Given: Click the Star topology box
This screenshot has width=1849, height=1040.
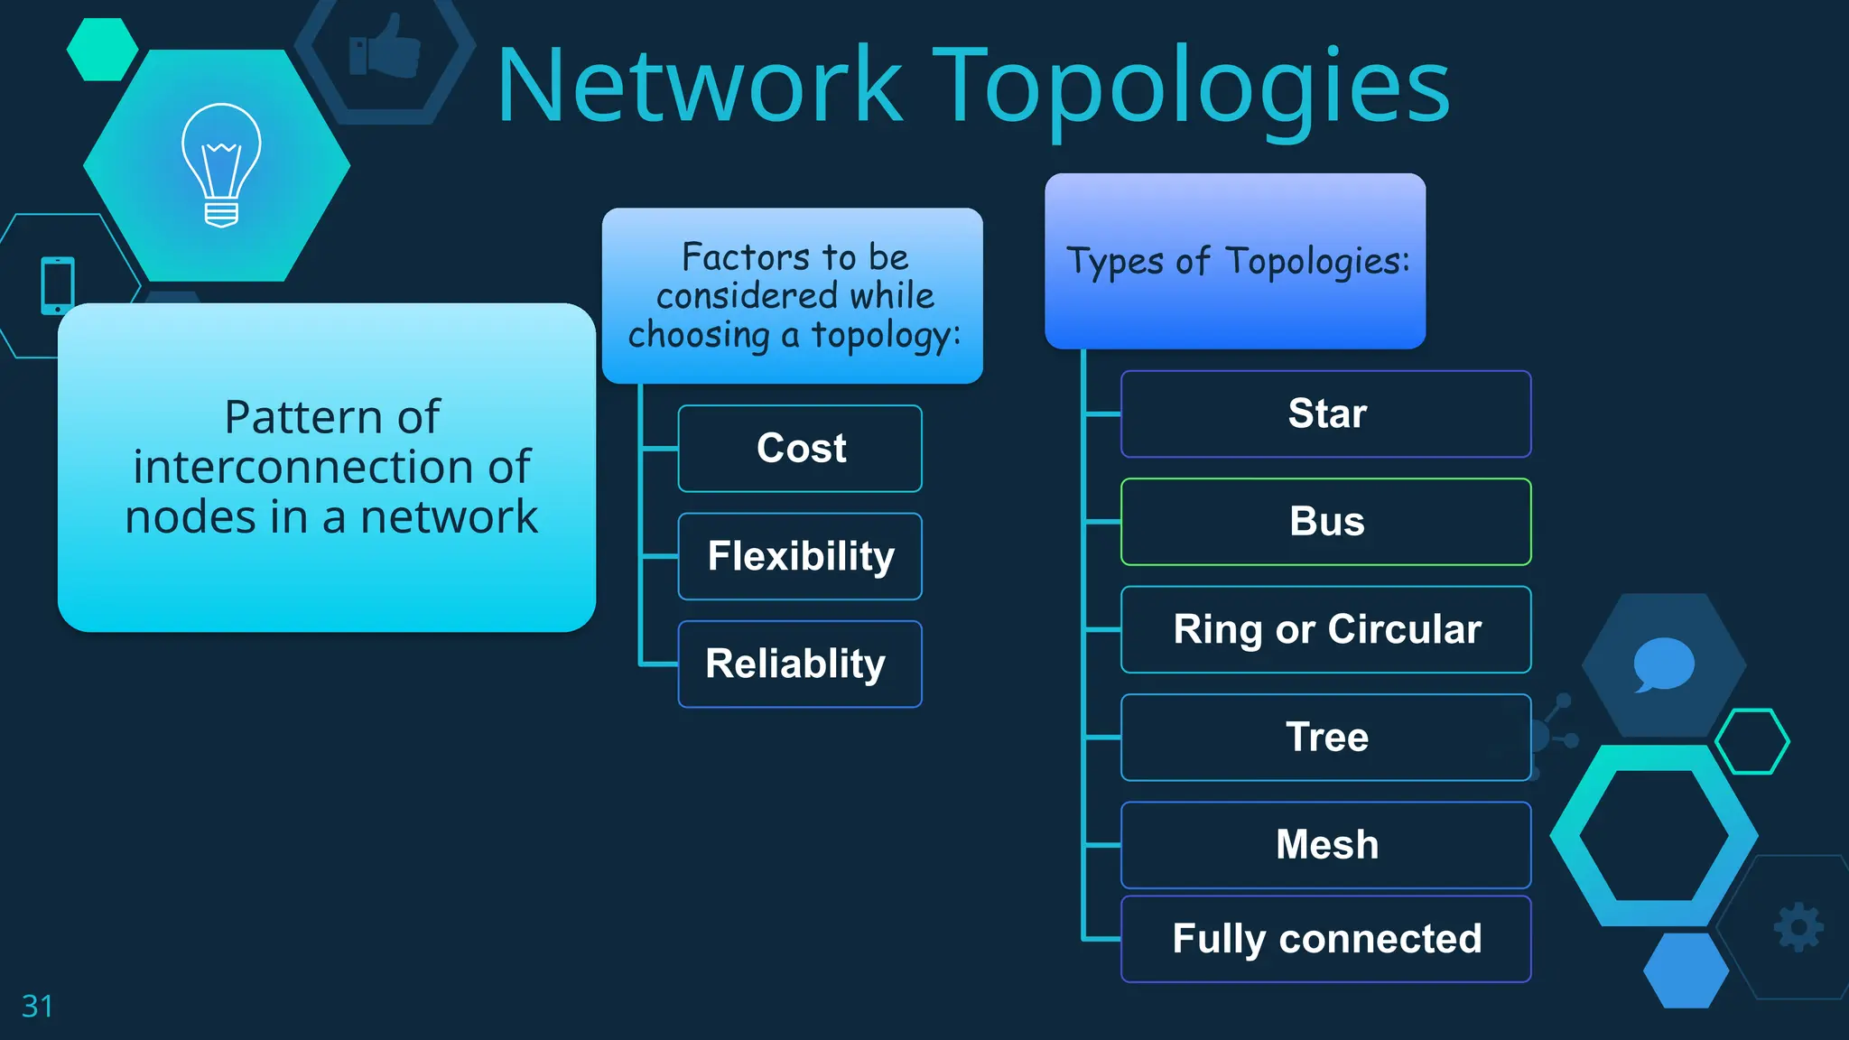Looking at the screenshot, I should (x=1325, y=413).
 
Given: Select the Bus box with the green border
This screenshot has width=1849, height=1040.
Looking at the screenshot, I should (x=1325, y=522).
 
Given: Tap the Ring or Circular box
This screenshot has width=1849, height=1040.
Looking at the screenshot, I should (x=1325, y=629).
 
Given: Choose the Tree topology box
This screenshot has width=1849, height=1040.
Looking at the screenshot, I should (x=1325, y=737).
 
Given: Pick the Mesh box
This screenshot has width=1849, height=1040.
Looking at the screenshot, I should (x=1325, y=845).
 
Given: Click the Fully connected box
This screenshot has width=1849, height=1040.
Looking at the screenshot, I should (x=1325, y=939).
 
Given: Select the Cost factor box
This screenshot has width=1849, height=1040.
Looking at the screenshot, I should (x=800, y=449).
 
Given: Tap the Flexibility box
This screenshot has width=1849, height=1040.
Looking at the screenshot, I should (x=800, y=556).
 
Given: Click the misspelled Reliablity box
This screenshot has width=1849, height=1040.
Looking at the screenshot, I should (x=800, y=664).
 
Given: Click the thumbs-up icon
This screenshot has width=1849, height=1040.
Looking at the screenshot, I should (x=386, y=47).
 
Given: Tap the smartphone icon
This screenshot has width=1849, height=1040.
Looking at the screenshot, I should (x=58, y=285).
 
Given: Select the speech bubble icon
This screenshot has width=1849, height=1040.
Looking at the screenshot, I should (x=1663, y=664).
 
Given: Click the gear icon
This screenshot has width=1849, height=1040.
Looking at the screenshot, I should (x=1798, y=927).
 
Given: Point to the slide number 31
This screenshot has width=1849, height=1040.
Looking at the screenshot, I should (x=37, y=1006).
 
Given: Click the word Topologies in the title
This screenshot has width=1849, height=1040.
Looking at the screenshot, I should (x=1191, y=87).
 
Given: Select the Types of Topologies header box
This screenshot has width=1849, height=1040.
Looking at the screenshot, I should (x=1235, y=261).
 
